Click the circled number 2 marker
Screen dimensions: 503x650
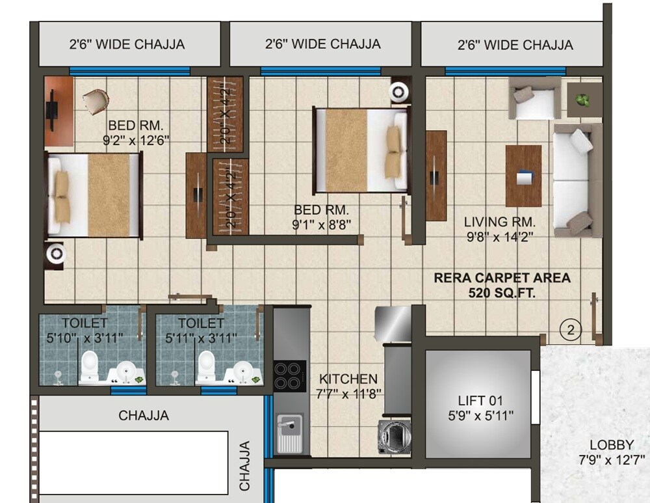[570, 330]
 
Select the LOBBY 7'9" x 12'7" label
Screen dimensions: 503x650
[611, 453]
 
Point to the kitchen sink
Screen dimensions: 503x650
[289, 433]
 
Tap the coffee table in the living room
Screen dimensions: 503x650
[523, 175]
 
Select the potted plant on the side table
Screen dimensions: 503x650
[583, 100]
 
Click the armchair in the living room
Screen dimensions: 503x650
[534, 98]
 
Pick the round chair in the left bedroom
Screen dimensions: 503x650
[96, 101]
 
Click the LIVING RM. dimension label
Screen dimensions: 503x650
[499, 229]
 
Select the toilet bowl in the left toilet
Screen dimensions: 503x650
[89, 367]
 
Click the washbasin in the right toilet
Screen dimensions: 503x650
[242, 372]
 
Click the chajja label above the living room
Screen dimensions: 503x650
[515, 45]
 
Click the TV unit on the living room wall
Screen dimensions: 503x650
[435, 175]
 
